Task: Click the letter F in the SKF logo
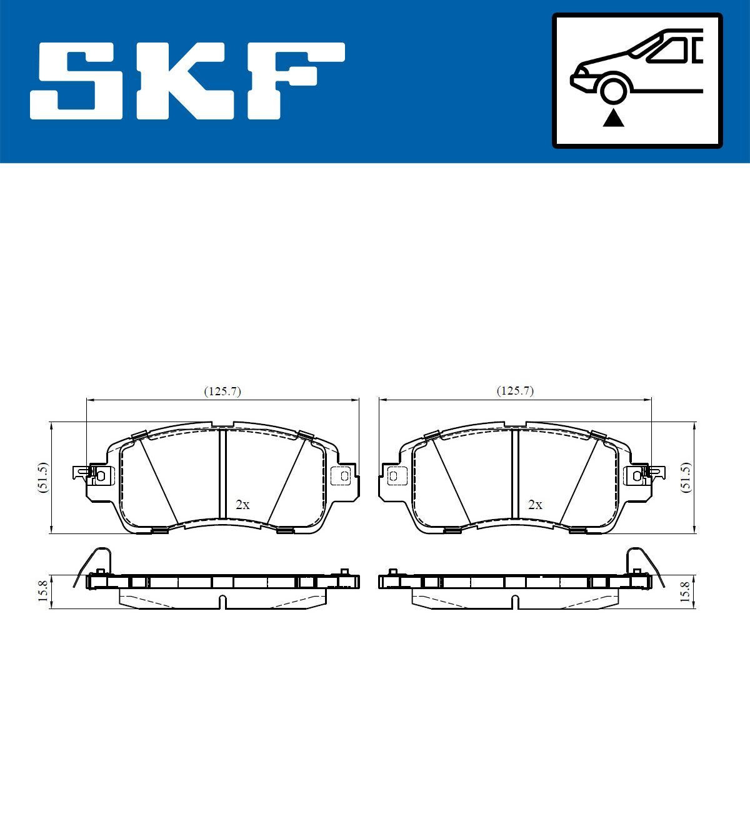point(294,81)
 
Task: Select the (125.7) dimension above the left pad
point(222,391)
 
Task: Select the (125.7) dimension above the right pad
point(515,391)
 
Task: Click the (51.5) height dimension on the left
point(42,478)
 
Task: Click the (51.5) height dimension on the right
point(686,478)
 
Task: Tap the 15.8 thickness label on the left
point(42,591)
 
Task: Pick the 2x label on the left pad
point(242,505)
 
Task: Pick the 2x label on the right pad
point(535,505)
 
